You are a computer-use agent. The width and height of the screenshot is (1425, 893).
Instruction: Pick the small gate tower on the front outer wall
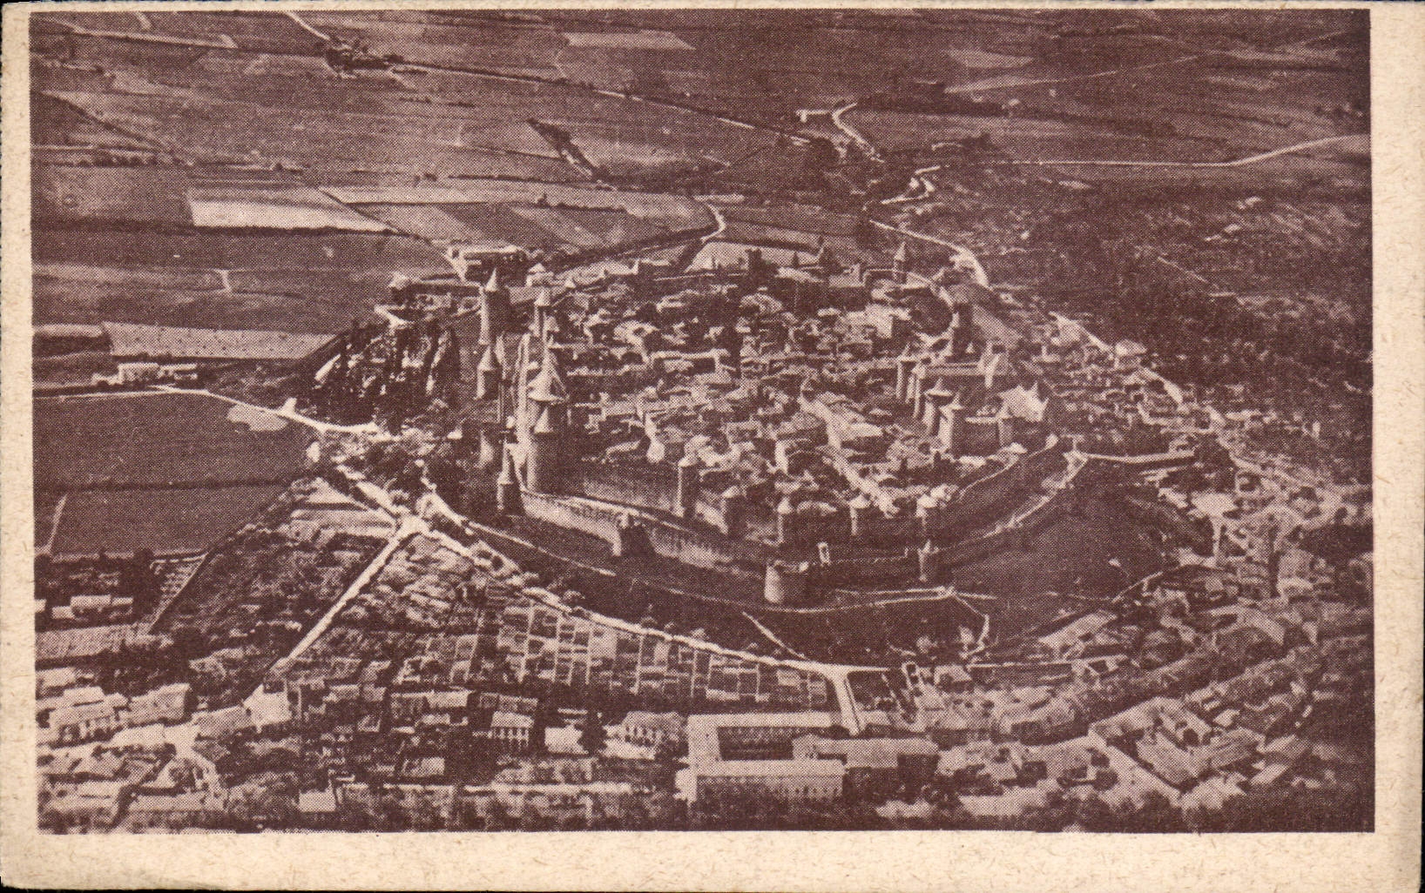point(622,531)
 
